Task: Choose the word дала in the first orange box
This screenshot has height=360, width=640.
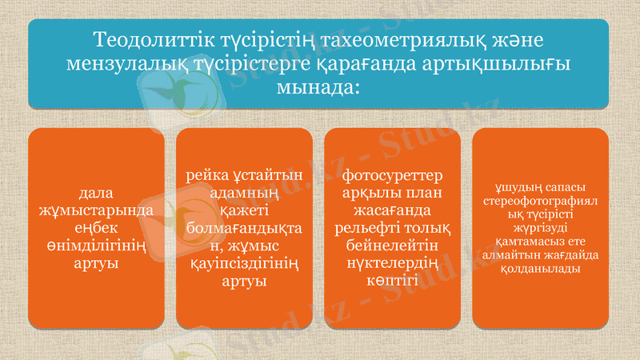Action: click(x=96, y=193)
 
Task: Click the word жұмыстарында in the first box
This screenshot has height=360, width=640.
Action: click(x=96, y=210)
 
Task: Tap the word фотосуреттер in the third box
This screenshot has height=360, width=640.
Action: click(x=392, y=175)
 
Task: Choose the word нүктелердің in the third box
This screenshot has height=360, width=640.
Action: click(x=392, y=263)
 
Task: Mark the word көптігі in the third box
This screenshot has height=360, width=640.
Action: click(x=392, y=281)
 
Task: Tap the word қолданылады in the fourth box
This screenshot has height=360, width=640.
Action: click(x=540, y=268)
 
